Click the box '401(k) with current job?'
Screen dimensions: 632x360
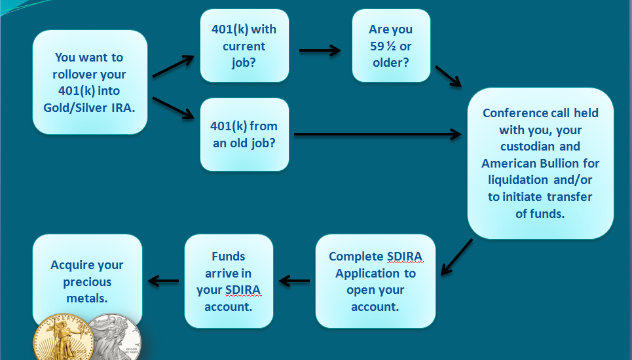point(244,46)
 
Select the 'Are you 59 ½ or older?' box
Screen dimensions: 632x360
point(391,46)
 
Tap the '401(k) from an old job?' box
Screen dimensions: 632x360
point(244,134)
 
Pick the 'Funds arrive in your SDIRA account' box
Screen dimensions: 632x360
point(229,281)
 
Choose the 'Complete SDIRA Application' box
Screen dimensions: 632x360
point(375,281)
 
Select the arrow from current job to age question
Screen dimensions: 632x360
point(320,50)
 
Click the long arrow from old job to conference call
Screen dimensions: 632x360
point(378,134)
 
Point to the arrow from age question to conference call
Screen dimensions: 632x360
point(448,76)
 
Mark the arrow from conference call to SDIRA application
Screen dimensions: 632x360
point(456,257)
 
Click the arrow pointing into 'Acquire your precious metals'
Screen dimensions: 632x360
point(163,281)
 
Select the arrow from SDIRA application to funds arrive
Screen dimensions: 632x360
point(294,281)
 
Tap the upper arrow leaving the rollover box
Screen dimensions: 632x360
point(174,65)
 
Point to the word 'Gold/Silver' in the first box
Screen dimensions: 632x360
point(75,107)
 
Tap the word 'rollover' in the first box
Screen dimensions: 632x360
point(76,74)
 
